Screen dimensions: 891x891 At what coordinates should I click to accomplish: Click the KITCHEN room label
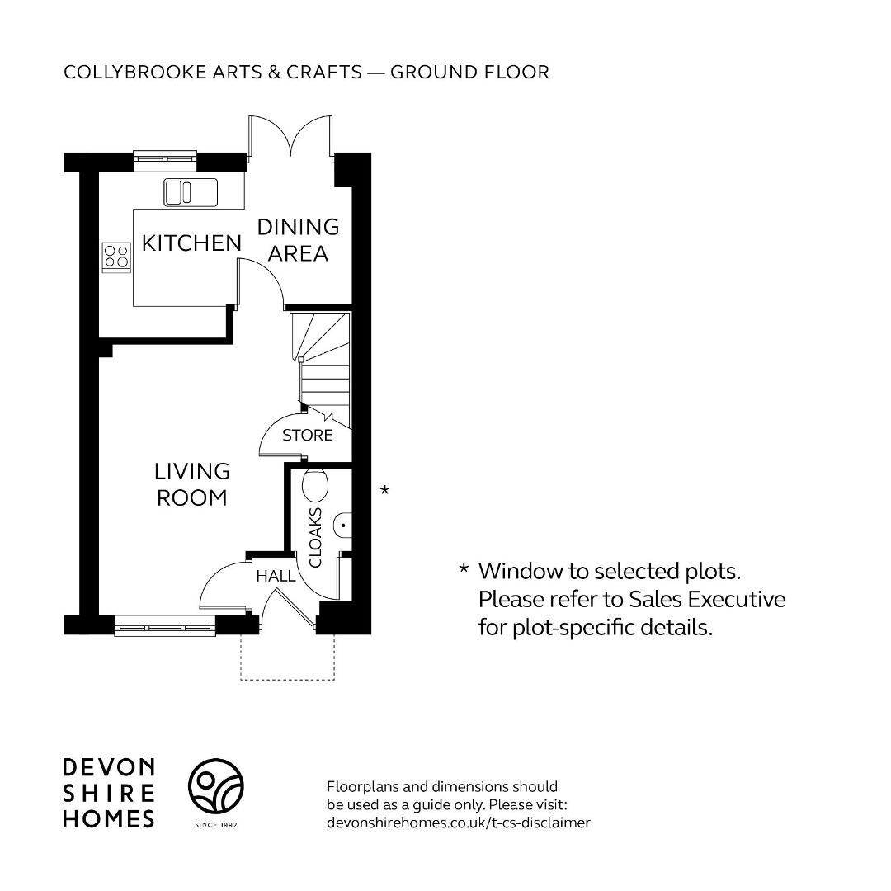(191, 243)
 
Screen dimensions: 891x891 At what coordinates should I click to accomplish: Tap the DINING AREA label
(299, 240)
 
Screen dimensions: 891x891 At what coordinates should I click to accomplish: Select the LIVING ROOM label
(192, 484)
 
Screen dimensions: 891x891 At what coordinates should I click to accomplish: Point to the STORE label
(308, 436)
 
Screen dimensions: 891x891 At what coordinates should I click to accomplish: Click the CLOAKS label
(315, 537)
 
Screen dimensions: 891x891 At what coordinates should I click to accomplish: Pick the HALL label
(276, 576)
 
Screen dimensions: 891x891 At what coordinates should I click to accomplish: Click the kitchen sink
(191, 192)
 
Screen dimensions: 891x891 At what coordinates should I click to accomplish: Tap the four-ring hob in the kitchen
(116, 257)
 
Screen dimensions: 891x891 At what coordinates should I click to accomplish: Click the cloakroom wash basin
(342, 525)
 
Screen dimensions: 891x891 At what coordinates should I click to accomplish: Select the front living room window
(165, 626)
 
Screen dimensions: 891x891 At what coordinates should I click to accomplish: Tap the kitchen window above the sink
(165, 162)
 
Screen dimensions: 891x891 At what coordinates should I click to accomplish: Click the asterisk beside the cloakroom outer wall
(384, 489)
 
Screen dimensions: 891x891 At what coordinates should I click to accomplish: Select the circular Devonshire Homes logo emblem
(216, 786)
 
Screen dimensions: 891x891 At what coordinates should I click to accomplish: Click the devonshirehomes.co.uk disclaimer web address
(459, 823)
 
